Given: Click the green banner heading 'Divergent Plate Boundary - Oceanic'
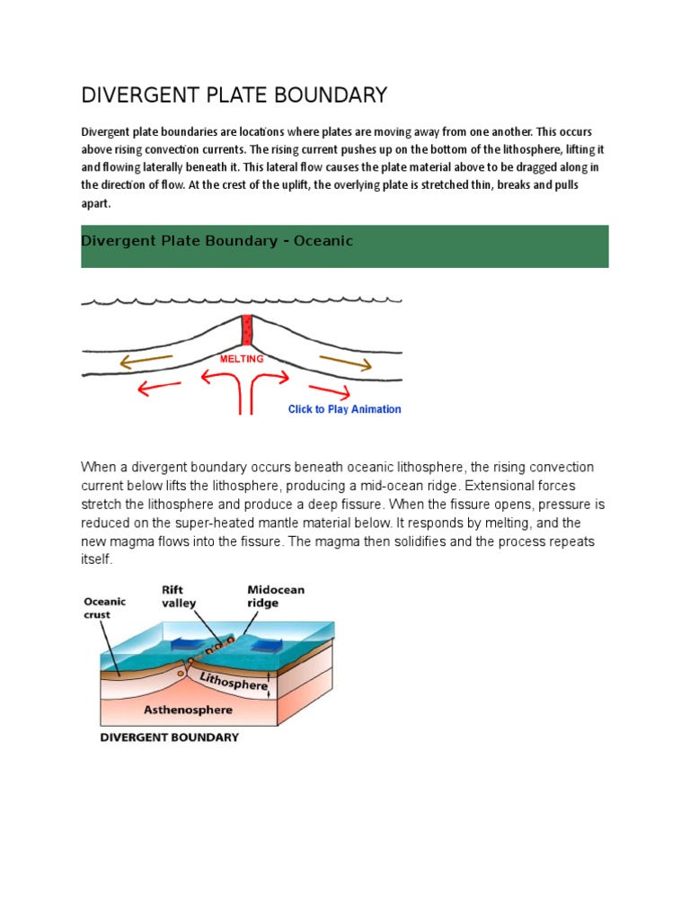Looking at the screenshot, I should coord(217,241).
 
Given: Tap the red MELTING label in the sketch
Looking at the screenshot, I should coord(242,359).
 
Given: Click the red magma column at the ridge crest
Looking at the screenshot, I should coord(247,330).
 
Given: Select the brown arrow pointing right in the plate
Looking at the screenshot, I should coord(345,362).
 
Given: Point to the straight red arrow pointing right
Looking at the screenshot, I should coord(329,391).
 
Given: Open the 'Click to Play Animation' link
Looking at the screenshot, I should coord(344,409).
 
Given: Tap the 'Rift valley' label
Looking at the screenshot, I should coord(179,596).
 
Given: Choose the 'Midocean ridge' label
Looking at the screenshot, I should coord(276,596).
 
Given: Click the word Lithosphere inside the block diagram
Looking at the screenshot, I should coord(234,679).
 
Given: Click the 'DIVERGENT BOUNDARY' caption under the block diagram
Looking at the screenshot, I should coord(169,738).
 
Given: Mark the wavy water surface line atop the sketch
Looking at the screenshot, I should coord(242,301).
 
